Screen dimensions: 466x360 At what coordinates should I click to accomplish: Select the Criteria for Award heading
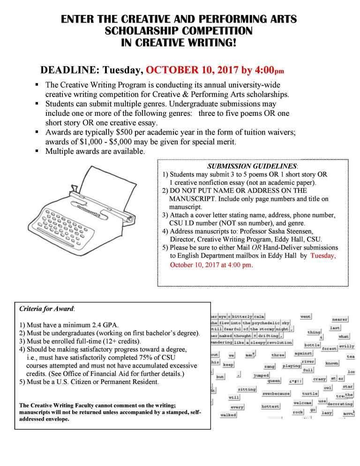pyautogui.click(x=46, y=309)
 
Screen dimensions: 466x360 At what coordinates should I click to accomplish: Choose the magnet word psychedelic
pyautogui.click(x=260, y=323)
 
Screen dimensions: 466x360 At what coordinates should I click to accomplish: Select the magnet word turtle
pyautogui.click(x=309, y=393)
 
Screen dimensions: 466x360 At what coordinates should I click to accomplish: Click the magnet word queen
pyautogui.click(x=273, y=381)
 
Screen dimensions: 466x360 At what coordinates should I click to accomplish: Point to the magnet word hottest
pyautogui.click(x=270, y=406)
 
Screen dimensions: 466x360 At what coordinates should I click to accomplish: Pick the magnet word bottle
pyautogui.click(x=312, y=345)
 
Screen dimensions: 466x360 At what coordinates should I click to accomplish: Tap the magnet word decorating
pyautogui.click(x=340, y=403)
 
